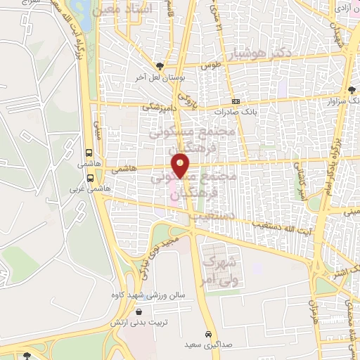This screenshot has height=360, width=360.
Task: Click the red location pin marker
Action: coord(181,166)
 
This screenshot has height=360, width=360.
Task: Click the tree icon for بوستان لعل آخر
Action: coord(165,64)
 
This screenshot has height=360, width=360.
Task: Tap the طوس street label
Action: coord(211,65)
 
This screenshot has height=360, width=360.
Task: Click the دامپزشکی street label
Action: coord(162,107)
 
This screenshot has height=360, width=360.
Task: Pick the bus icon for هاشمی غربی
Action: coord(89,176)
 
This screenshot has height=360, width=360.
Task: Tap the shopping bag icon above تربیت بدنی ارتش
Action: coord(139,311)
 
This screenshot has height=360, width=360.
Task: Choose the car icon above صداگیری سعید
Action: coord(208,333)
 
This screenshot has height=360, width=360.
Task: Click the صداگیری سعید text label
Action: coord(207,345)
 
